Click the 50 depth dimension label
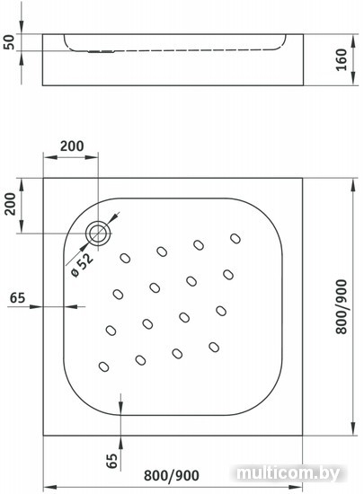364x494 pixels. (x=10, y=42)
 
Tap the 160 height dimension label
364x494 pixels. (x=341, y=60)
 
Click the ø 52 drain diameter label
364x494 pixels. (x=83, y=265)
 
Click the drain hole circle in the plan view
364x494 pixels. (x=98, y=234)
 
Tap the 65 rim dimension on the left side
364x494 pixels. (x=17, y=297)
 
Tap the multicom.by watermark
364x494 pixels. (x=288, y=472)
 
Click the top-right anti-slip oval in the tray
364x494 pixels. (x=235, y=239)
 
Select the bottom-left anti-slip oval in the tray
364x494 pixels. (x=104, y=366)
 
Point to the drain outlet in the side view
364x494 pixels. (x=101, y=51)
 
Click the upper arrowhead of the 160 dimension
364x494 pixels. (x=352, y=40)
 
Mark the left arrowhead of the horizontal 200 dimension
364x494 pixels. (x=49, y=157)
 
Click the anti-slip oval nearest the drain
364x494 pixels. (x=126, y=258)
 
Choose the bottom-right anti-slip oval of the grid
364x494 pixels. (x=214, y=348)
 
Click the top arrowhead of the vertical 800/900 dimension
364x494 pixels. (x=352, y=185)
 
